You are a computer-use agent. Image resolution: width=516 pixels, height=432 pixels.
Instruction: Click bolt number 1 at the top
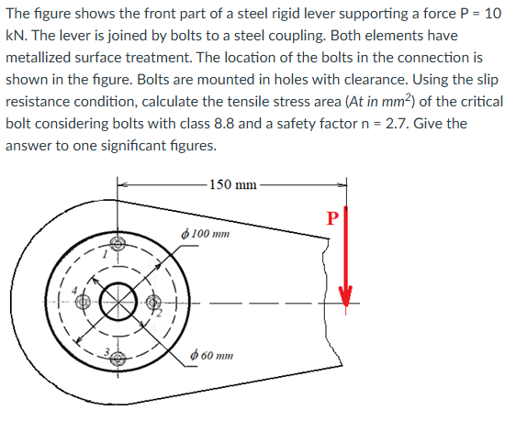pos(117,245)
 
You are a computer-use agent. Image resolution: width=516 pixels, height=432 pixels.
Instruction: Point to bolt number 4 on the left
pos(81,302)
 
